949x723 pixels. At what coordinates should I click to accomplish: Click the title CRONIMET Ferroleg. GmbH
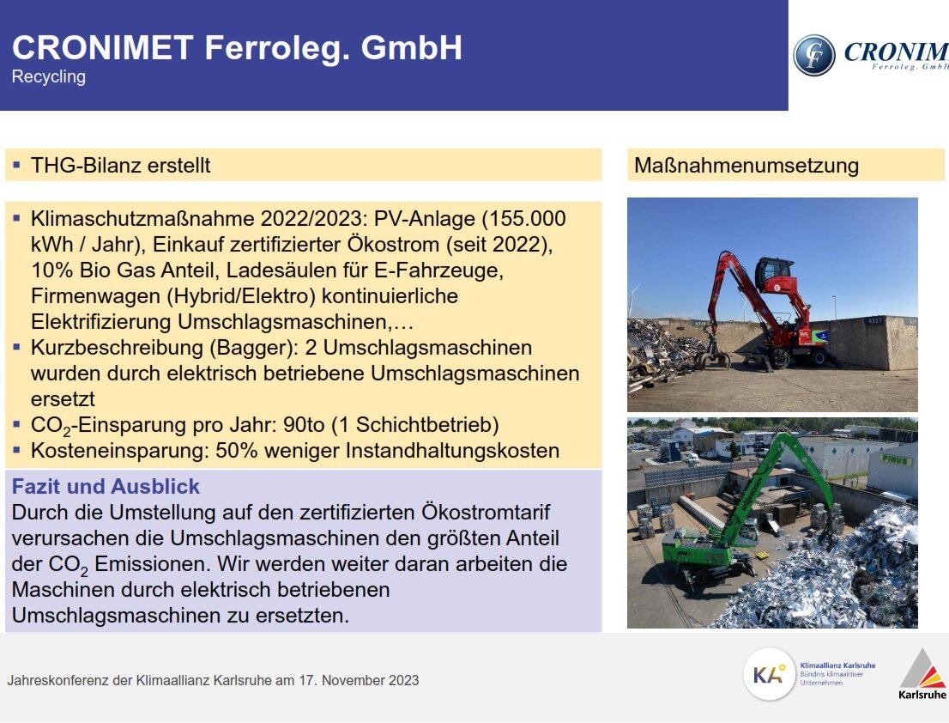pos(237,48)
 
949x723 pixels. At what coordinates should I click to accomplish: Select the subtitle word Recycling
pos(49,76)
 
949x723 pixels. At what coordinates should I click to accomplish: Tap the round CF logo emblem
pos(813,56)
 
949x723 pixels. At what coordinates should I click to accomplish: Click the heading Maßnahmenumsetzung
pos(746,165)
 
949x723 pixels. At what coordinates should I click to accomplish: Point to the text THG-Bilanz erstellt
pos(120,165)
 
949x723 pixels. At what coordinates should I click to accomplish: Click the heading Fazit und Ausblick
pos(106,487)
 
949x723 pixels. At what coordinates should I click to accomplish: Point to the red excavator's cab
pos(775,276)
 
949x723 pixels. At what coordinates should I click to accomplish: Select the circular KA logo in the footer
pos(770,674)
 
